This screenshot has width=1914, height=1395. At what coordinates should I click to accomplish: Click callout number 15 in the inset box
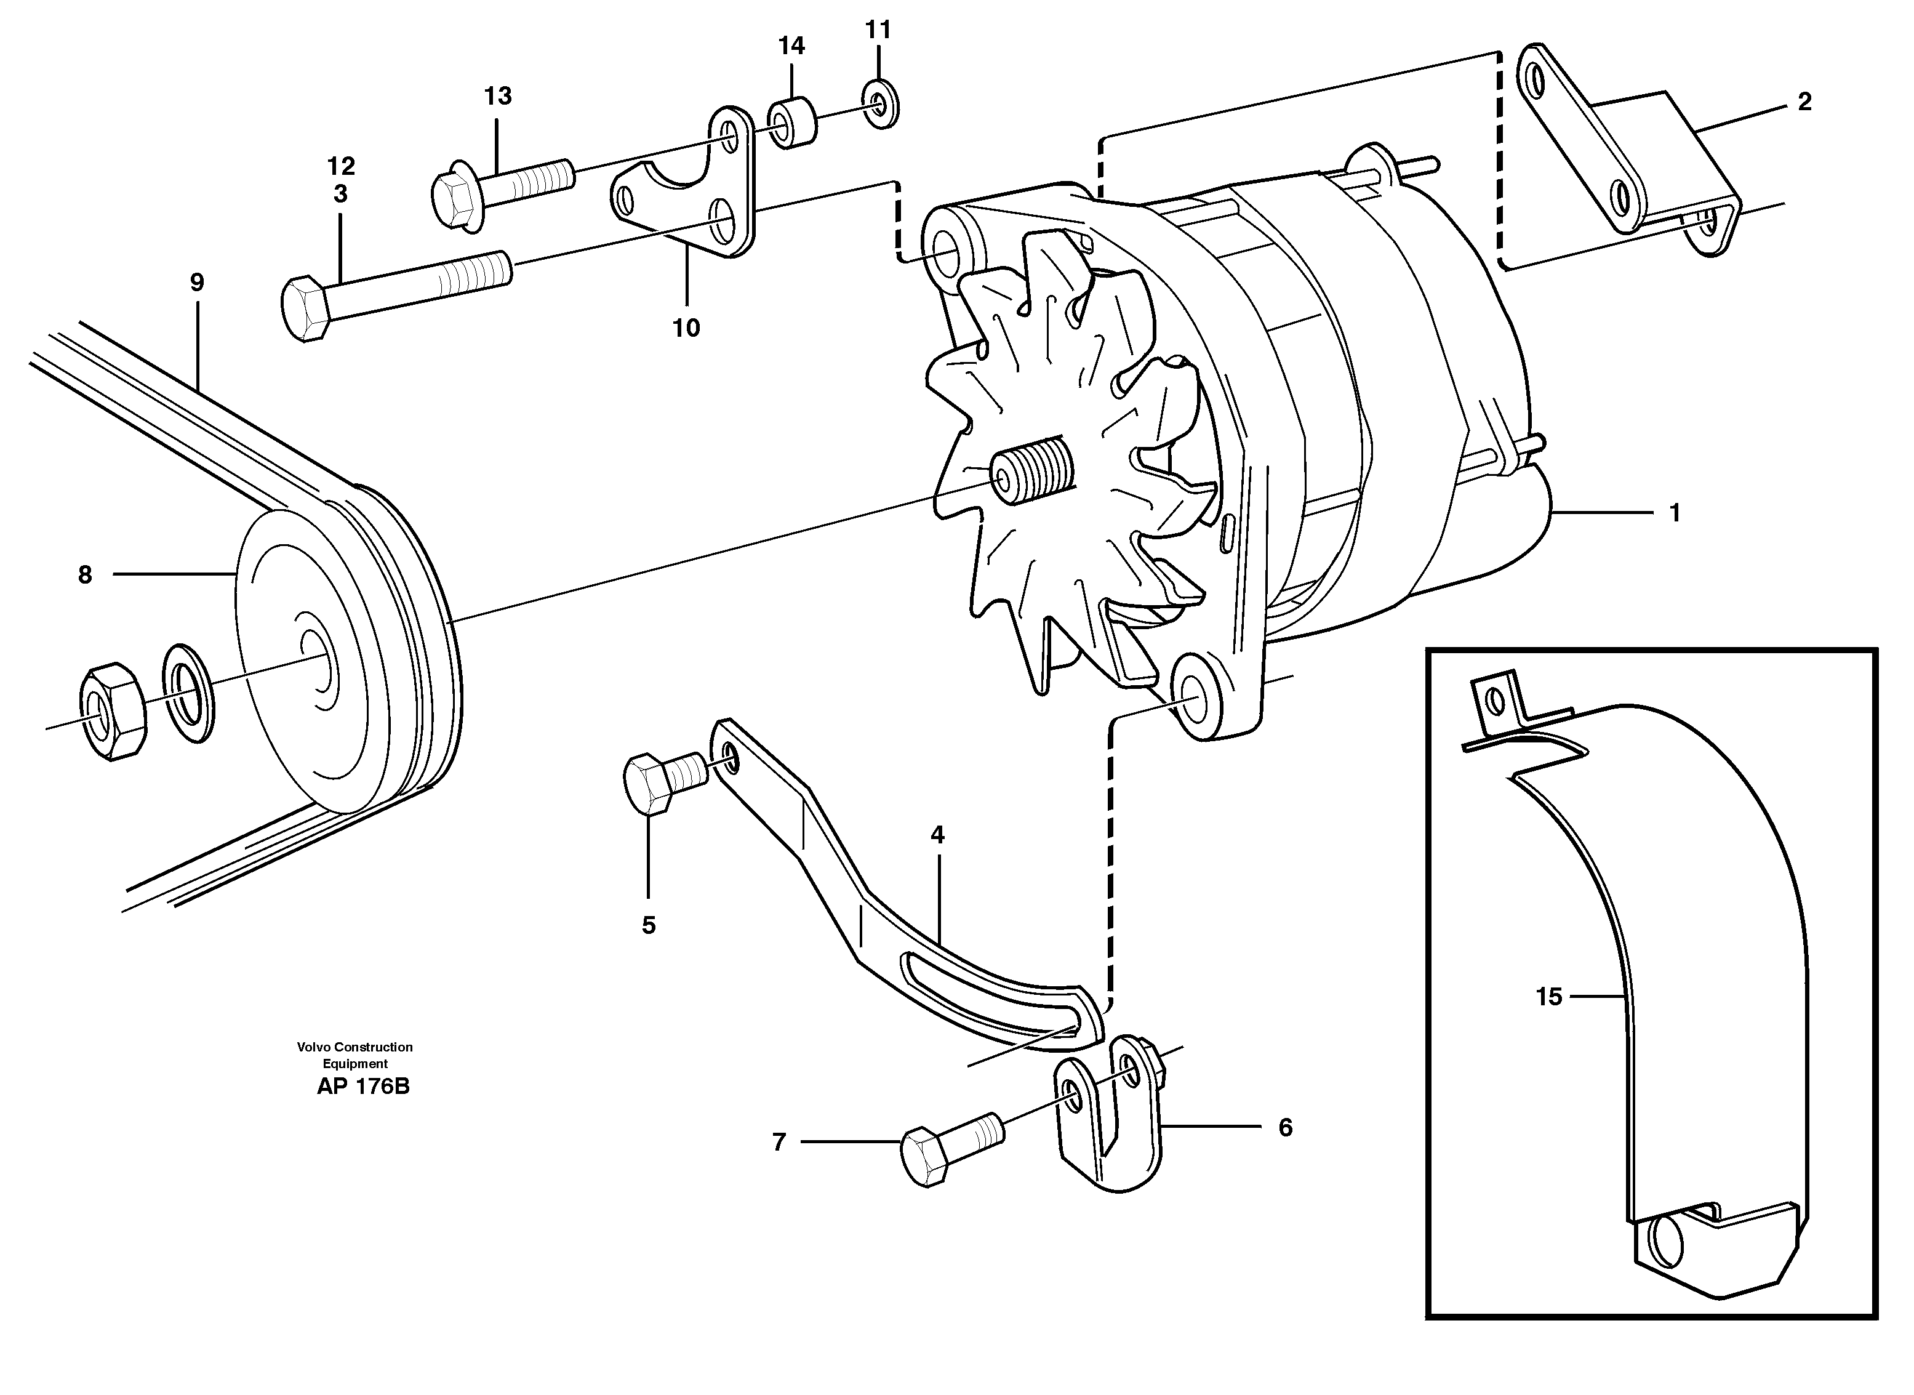click(1548, 997)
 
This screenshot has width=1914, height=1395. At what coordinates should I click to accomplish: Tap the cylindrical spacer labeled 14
click(792, 123)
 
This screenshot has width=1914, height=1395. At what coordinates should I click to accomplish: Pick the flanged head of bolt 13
click(456, 196)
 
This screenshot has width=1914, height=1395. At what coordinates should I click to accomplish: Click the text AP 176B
click(363, 1087)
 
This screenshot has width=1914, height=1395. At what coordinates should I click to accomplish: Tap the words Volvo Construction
click(354, 1047)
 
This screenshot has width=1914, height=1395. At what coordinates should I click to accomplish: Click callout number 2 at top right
click(1804, 102)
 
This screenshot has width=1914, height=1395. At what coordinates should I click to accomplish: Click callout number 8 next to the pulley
click(84, 575)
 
